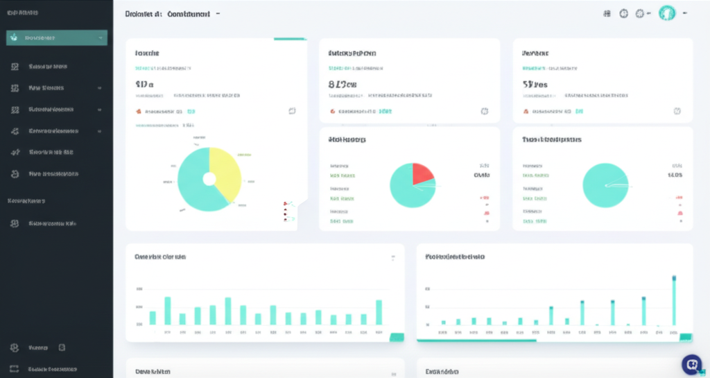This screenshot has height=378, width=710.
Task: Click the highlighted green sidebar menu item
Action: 57,37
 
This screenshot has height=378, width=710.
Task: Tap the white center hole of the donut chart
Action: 209,180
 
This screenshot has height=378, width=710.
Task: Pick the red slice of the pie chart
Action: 422,174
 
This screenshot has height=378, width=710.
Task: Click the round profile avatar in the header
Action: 667,13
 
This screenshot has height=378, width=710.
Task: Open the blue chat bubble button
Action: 691,364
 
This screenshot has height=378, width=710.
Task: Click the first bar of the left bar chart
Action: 153,318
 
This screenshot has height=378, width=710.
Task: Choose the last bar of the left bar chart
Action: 379,312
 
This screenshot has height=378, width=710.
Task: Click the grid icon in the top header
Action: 607,13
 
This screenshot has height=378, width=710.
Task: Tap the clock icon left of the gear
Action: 623,13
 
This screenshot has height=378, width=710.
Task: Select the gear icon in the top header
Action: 640,13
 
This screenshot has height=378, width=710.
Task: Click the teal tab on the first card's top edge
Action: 290,39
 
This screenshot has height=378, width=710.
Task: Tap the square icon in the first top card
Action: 292,111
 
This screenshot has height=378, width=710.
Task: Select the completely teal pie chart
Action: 606,185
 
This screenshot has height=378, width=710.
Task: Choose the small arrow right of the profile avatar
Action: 685,13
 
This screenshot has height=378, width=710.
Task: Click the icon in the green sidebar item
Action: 14,37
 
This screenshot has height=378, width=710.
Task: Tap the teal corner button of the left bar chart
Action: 397,337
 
